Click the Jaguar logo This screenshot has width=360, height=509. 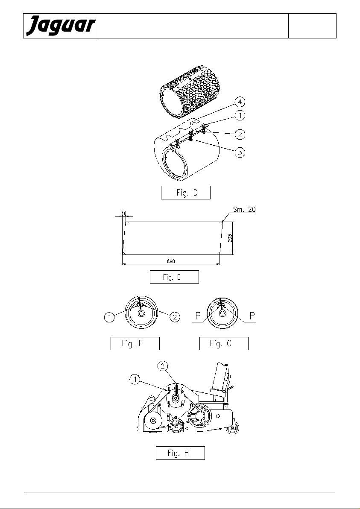tap(61, 26)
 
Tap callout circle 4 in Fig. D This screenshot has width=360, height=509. tap(240, 102)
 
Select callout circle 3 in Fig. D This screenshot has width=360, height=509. tap(240, 152)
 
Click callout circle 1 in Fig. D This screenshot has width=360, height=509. tap(240, 115)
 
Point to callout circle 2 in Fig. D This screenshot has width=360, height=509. tap(240, 134)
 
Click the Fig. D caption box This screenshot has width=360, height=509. tap(186, 193)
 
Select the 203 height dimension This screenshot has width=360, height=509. tap(230, 238)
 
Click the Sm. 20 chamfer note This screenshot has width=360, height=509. tap(244, 209)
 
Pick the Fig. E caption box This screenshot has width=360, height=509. tap(174, 277)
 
